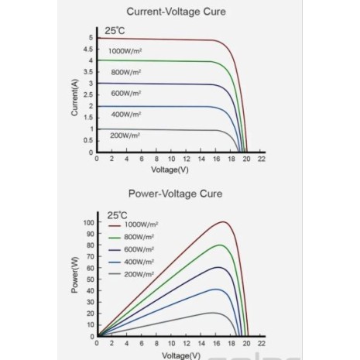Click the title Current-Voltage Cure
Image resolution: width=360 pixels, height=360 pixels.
coord(176,12)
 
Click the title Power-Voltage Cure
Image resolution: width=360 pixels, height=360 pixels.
coord(175,194)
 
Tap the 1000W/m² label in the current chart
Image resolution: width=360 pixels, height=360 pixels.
coord(125,51)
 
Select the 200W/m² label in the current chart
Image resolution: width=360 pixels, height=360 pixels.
coord(125,135)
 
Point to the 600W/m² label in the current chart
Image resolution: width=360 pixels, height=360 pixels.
coord(126,93)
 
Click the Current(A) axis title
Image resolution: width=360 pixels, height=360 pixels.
coord(74,98)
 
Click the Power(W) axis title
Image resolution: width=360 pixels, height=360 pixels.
coord(74,275)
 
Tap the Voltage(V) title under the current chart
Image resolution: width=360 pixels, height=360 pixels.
coord(170,170)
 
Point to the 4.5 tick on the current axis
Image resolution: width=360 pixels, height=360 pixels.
coord(88,49)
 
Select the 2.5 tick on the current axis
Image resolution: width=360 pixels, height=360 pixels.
coord(88,94)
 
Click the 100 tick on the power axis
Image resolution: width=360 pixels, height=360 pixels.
coord(88,222)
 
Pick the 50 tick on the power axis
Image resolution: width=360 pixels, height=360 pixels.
coord(91,279)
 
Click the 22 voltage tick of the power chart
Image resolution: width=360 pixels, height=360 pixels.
coord(262,343)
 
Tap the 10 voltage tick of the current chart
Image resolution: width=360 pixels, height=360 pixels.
coord(171,159)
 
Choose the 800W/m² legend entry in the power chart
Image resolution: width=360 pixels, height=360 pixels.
coord(132,237)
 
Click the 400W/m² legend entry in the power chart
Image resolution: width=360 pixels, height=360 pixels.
coord(132,262)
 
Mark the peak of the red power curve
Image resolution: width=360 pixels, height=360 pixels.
coord(224,221)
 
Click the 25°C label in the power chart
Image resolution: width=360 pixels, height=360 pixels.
coord(117,215)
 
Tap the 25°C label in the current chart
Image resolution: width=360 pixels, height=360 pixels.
coord(115,31)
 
